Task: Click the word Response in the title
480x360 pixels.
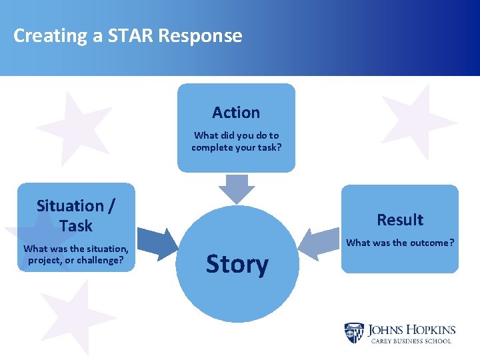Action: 200,36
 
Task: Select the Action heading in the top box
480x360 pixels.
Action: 236,113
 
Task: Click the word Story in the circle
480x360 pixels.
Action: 237,264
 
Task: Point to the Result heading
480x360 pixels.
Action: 400,220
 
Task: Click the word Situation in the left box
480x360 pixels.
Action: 69,206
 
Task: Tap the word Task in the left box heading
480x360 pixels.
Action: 75,226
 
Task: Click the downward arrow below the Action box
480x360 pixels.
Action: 237,189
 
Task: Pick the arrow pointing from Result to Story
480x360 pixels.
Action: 317,244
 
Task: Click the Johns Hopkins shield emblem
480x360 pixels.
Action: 354,333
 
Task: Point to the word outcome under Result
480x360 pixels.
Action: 429,243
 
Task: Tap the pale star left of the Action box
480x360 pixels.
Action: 73,127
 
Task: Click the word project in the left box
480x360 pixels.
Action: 44,260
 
